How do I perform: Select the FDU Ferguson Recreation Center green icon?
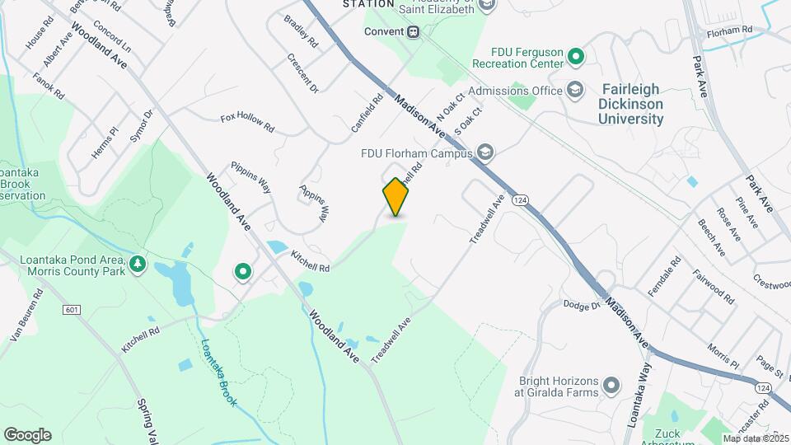click(x=576, y=57)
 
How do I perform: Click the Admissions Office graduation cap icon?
click(x=575, y=91)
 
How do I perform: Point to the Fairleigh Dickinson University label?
click(x=632, y=104)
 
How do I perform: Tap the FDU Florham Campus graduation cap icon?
click(x=486, y=152)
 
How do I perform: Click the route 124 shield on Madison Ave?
click(x=519, y=200)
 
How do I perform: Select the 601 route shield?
click(x=72, y=309)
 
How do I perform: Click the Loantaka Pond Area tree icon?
click(x=138, y=265)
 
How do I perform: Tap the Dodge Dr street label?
click(x=582, y=306)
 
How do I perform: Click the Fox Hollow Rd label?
click(x=247, y=123)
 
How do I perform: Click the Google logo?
click(x=27, y=434)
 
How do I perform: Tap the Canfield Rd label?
click(x=367, y=115)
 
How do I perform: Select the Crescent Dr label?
click(x=302, y=73)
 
